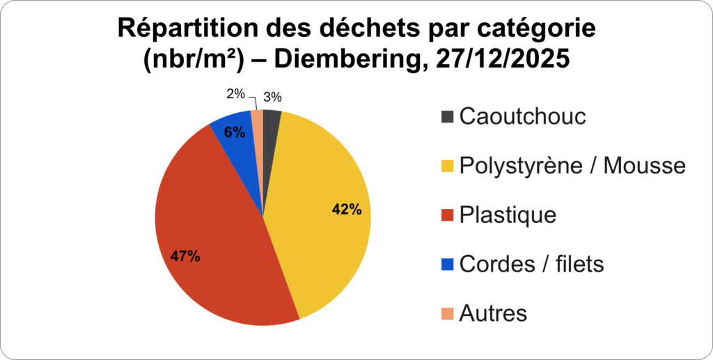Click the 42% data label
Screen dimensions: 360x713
point(347,210)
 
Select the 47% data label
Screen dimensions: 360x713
point(185,256)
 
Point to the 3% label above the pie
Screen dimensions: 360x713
point(272,97)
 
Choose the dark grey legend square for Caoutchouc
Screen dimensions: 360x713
point(447,116)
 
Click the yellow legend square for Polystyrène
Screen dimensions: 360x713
point(447,166)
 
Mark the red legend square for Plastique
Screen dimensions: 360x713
point(447,214)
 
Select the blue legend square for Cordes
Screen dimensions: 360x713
point(447,265)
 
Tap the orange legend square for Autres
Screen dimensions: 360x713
point(447,313)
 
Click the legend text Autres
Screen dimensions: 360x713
point(493,313)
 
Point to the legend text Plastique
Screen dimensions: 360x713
point(508,214)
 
